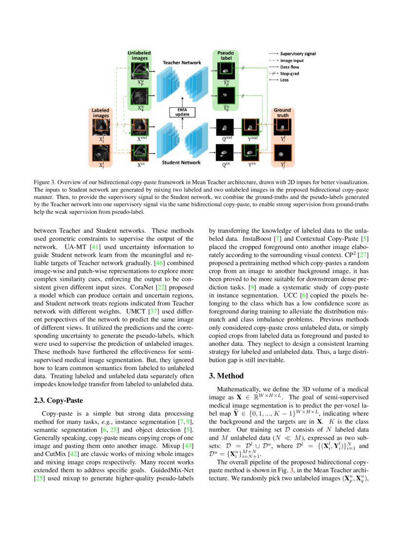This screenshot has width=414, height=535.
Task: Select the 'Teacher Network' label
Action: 181,63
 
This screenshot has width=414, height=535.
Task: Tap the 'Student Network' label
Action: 181,162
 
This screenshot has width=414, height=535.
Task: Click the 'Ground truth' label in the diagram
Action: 282,113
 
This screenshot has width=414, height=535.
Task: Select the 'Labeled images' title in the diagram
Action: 100,113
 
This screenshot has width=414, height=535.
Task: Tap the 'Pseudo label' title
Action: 225,55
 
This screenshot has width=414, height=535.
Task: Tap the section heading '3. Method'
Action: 226,376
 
